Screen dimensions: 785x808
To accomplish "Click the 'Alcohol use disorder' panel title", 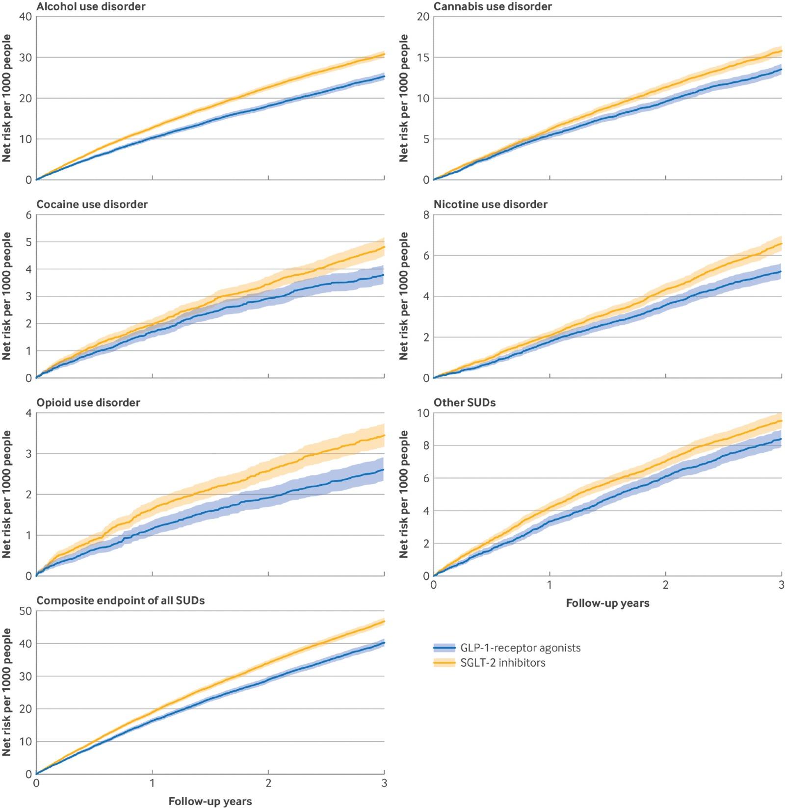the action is pyautogui.click(x=91, y=7).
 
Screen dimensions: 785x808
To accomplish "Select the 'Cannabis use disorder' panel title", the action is pyautogui.click(x=493, y=7).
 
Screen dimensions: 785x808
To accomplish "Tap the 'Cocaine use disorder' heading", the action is pyautogui.click(x=92, y=205).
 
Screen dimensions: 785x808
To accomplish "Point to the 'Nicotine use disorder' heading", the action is pyautogui.click(x=490, y=205).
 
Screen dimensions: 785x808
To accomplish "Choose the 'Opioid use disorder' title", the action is pyautogui.click(x=88, y=403).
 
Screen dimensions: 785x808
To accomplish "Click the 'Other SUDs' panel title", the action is pyautogui.click(x=464, y=403).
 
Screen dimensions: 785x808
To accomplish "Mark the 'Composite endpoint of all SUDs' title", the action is pyautogui.click(x=121, y=600).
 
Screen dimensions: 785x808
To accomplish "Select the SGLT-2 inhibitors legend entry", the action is pyautogui.click(x=489, y=663).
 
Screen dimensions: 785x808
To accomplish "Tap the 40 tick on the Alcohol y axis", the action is pyautogui.click(x=26, y=17).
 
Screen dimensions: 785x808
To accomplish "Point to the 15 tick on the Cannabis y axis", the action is pyautogui.click(x=423, y=57).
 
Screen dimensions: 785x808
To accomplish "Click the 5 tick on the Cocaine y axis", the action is pyautogui.click(x=28, y=242).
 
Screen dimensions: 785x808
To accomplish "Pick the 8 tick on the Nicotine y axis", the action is pyautogui.click(x=426, y=215).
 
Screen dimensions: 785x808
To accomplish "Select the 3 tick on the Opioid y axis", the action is pyautogui.click(x=28, y=454).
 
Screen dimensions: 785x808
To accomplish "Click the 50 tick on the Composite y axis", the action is pyautogui.click(x=26, y=611).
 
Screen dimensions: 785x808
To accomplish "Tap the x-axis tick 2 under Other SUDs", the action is pyautogui.click(x=665, y=585).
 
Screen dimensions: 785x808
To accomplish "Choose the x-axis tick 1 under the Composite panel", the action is pyautogui.click(x=152, y=783).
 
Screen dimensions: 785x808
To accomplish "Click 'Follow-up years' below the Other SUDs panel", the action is pyautogui.click(x=607, y=603).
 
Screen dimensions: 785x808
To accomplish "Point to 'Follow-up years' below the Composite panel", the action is pyautogui.click(x=210, y=801).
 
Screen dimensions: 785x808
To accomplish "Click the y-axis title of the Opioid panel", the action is pyautogui.click(x=6, y=494).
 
